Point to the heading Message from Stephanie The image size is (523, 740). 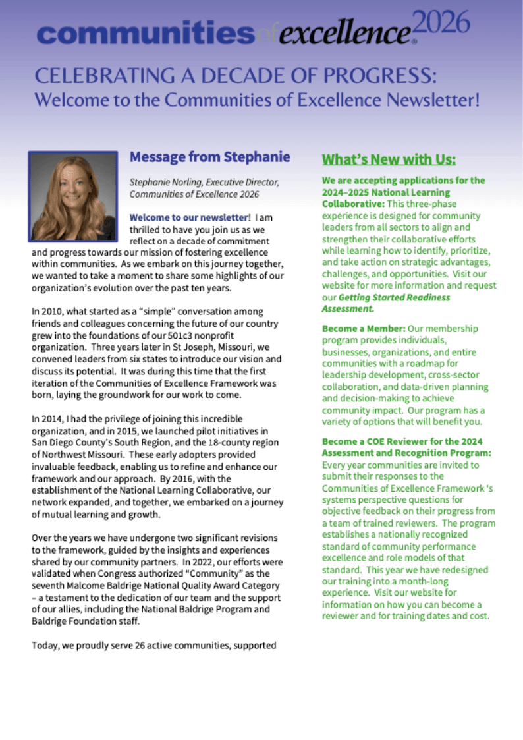tap(209, 157)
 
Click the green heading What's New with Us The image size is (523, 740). tap(389, 160)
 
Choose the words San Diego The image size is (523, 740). tap(53, 443)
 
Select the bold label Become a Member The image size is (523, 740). tap(363, 328)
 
